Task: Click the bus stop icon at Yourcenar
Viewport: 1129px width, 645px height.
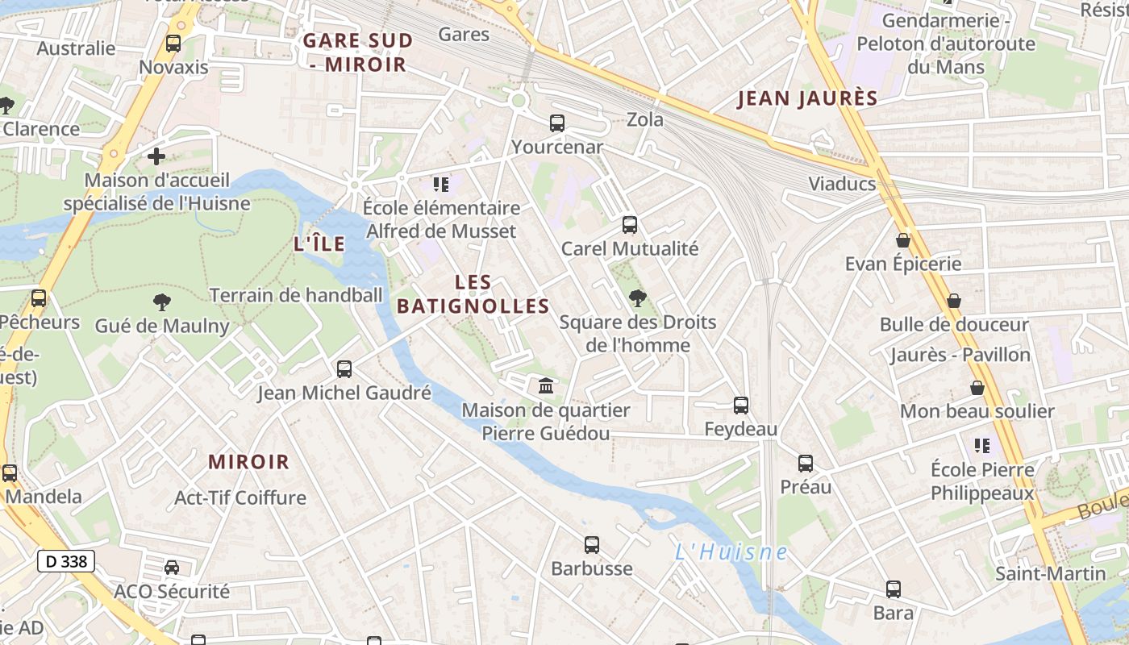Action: pos(556,123)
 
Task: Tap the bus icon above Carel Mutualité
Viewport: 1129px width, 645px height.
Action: pos(629,225)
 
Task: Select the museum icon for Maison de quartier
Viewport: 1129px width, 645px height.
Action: pos(546,386)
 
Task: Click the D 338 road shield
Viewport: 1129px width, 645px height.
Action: pos(66,561)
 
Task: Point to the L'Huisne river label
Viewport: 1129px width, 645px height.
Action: pos(731,552)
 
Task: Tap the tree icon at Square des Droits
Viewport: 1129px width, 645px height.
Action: pos(637,298)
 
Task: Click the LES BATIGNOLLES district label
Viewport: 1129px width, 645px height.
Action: pos(473,294)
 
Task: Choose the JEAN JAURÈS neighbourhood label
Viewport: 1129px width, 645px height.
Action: pos(807,98)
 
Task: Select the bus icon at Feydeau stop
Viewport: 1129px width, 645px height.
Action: pos(740,406)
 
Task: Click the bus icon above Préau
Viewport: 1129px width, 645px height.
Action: pos(805,464)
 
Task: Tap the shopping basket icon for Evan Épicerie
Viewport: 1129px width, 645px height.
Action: pos(902,240)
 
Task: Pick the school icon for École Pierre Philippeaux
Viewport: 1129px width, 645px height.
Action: pos(981,445)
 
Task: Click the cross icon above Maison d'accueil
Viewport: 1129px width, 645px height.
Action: pos(156,156)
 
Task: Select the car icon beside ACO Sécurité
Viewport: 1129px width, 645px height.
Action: pos(172,568)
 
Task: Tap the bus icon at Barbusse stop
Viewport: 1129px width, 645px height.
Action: pos(591,545)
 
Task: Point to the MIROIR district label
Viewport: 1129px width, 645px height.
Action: pos(248,462)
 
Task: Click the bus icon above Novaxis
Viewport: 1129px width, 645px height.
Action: pos(173,44)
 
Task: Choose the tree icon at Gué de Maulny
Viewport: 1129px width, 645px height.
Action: pos(162,302)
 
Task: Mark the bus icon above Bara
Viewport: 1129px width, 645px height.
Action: pos(893,589)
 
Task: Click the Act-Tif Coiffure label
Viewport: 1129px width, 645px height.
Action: pos(240,497)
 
